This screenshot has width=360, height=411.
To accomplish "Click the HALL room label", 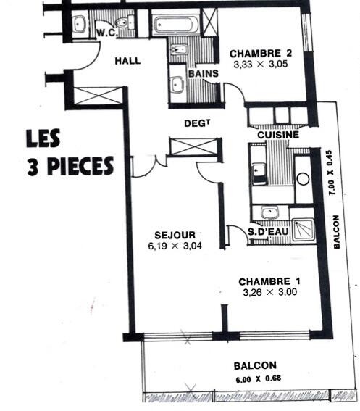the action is point(127,61).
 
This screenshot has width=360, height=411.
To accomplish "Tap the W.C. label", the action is point(106,33).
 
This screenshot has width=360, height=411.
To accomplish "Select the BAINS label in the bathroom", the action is point(204,74).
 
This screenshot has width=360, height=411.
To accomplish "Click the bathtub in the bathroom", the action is point(176,25).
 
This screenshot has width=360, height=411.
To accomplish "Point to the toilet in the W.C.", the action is point(125,22).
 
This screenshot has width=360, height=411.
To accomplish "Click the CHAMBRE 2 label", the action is point(261,54).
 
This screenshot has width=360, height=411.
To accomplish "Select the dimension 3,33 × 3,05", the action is point(261,64).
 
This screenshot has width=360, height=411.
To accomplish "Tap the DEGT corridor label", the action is point(197,123).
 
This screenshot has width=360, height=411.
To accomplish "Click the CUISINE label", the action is point(278,135).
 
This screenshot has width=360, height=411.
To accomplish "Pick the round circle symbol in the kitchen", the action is point(303,179).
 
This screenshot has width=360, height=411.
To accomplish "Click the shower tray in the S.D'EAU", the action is point(303,230).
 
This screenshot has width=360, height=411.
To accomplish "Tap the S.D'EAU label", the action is point(268,232).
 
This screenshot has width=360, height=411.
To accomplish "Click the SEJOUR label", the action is point(175,235).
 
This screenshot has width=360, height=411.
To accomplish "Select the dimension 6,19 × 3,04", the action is point(175,246).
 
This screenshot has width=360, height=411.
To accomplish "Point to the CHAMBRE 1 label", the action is point(269,281).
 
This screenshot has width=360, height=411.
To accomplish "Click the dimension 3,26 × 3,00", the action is point(270,292).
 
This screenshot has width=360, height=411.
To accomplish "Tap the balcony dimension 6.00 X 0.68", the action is point(259,379).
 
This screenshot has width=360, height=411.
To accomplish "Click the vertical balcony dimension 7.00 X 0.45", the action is point(330,173).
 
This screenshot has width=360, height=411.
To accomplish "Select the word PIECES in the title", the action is point(80,166).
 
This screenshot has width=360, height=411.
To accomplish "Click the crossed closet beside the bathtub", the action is point(210,22).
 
